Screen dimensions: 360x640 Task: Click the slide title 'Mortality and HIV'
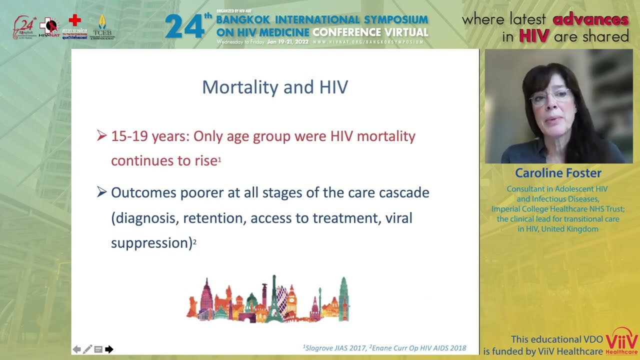tap(274, 87)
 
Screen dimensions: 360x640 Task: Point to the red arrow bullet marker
tap(101, 135)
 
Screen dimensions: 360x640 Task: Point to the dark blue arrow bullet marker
tap(101, 192)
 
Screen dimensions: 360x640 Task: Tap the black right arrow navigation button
tap(109, 349)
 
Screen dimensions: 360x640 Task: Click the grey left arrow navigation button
tap(76, 349)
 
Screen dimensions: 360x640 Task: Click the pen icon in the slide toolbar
tap(87, 349)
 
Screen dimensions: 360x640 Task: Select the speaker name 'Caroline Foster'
tap(558, 173)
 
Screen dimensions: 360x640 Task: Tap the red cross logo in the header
tap(74, 20)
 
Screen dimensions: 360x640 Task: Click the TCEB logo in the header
tap(102, 27)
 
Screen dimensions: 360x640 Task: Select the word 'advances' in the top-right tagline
tap(590, 19)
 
